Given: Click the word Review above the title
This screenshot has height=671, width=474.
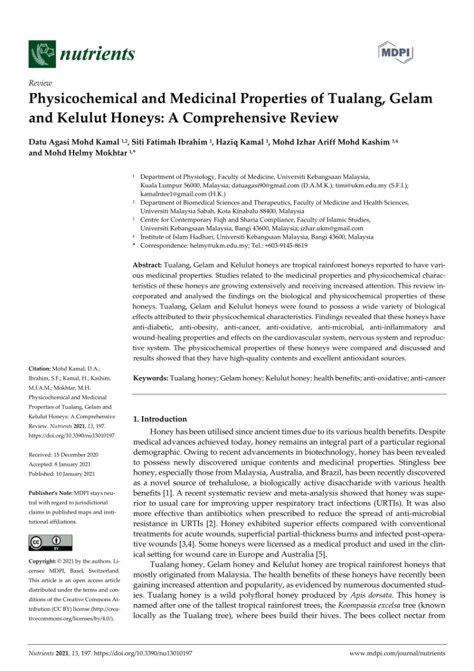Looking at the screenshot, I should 40,83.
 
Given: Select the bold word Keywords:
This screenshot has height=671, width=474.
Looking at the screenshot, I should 151,378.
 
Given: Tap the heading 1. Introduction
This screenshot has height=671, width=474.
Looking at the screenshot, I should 160,419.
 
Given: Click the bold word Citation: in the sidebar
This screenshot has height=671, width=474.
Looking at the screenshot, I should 41,369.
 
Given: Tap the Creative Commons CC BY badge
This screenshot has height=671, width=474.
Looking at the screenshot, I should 50,542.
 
